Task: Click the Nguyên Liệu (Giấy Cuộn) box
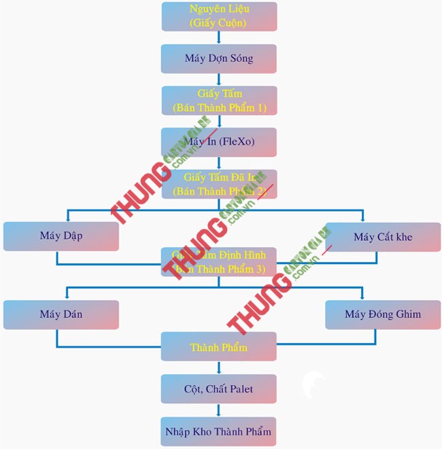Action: pos(219,16)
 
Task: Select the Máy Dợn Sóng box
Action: pos(219,59)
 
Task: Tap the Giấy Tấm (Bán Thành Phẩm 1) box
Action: pos(219,100)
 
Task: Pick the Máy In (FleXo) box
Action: pos(219,142)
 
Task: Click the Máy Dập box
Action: pos(61,237)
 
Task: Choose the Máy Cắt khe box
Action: pos(383,237)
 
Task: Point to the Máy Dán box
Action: pos(61,314)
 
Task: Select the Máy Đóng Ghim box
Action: pos(383,314)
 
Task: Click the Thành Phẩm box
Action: pos(219,347)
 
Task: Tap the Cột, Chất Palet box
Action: pos(219,388)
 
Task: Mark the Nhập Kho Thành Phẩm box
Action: pos(219,431)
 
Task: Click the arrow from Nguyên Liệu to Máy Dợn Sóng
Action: pos(219,38)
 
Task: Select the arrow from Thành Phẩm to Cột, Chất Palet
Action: pos(219,367)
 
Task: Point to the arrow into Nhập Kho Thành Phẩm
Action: pos(219,410)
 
